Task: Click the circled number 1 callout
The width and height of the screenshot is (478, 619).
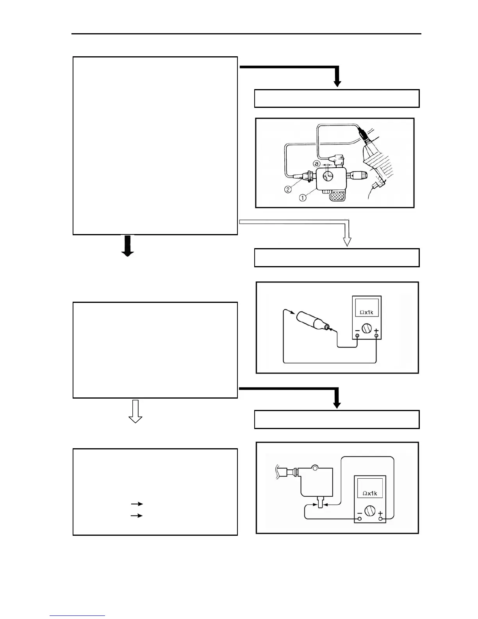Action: (303, 198)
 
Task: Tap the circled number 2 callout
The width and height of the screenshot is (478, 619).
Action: (288, 190)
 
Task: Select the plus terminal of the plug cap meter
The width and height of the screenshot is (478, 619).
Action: (376, 338)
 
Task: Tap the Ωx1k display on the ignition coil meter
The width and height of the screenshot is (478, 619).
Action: (369, 493)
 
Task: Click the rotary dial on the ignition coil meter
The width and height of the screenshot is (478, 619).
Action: (369, 510)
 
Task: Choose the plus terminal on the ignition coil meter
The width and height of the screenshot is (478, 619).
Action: (380, 519)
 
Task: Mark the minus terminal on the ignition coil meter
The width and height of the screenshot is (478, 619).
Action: (360, 519)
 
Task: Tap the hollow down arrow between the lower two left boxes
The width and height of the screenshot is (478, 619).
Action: (136, 412)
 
